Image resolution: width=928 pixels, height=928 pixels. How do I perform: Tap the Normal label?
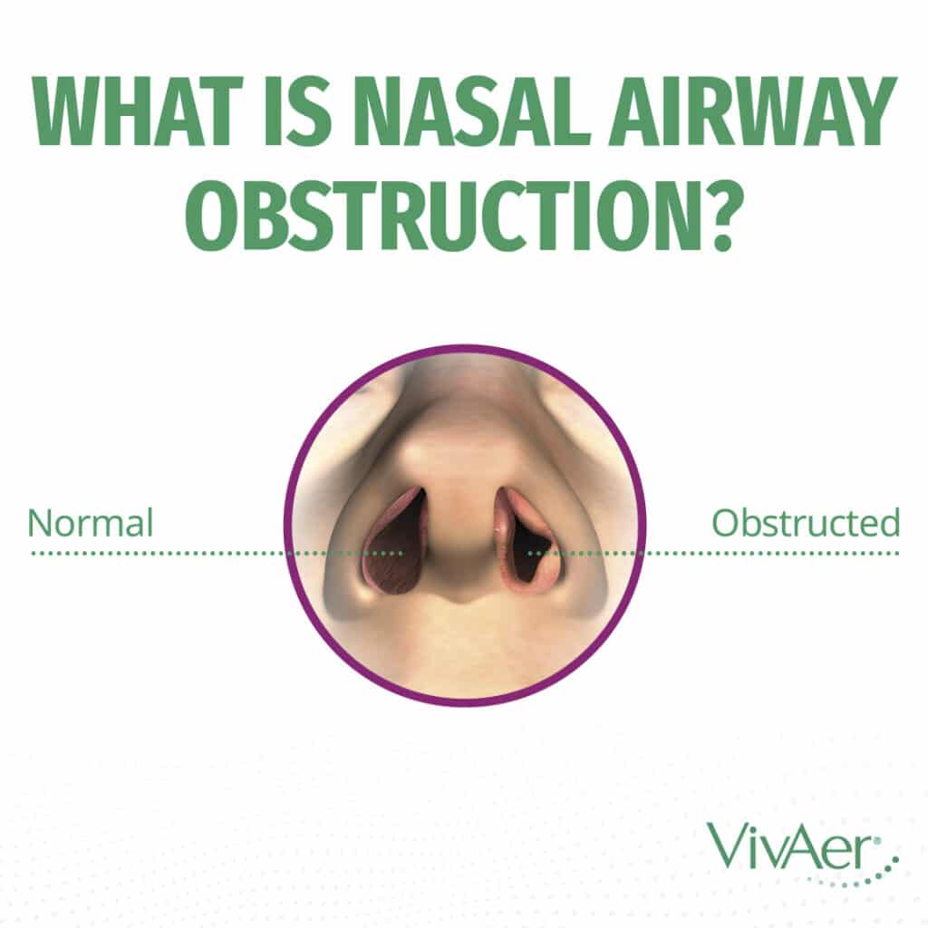click(x=90, y=523)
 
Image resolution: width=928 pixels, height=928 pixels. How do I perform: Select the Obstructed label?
click(x=806, y=523)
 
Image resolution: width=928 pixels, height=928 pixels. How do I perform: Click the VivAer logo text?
click(x=787, y=845)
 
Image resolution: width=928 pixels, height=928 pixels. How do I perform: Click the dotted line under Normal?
click(x=154, y=551)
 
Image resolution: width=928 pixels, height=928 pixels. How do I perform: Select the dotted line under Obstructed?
click(x=770, y=551)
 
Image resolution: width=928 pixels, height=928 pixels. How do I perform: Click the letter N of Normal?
click(x=38, y=523)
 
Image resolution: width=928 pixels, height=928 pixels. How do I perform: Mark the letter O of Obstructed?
click(x=723, y=523)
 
